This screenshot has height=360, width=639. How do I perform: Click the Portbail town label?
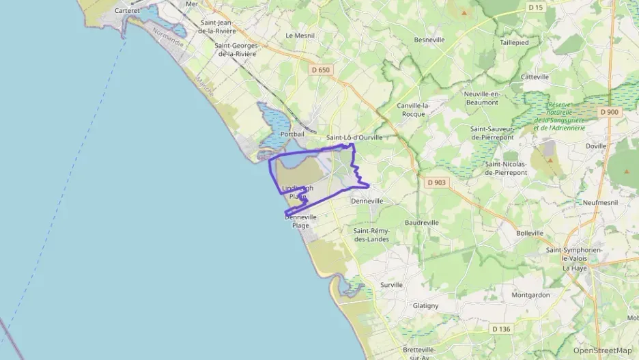pos(292,135)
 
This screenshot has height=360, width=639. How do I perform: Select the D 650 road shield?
pos(319,70)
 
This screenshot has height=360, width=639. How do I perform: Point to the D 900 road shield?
pos(609,112)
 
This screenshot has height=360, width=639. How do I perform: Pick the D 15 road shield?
pos(536,8)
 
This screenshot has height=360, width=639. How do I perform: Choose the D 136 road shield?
pos(500,329)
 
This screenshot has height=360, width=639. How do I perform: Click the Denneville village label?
pos(367,202)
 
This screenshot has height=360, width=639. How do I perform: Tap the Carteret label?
pos(127,11)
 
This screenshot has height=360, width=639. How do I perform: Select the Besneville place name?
pos(429,40)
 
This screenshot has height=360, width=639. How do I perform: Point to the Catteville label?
pos(535,77)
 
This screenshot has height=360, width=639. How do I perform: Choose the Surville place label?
pos(392,285)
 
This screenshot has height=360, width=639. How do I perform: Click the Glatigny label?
pos(425,305)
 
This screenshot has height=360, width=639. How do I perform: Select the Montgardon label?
pos(530,295)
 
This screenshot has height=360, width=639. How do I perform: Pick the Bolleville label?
pos(530,233)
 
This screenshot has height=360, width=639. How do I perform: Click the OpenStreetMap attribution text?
pos(602,350)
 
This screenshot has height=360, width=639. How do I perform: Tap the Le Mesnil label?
pos(299,36)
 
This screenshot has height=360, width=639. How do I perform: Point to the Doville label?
pos(596,146)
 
